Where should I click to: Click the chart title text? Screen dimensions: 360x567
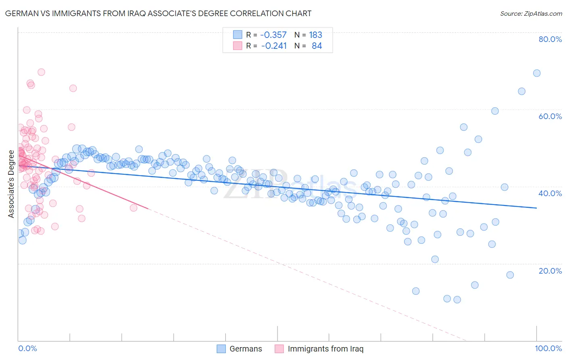[x=158, y=13]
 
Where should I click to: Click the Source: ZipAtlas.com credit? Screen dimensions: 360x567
[x=531, y=13]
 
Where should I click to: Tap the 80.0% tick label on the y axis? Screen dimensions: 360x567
[x=550, y=39]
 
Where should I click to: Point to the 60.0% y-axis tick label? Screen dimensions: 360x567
[x=550, y=116]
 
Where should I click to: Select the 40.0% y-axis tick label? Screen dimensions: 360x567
[x=550, y=193]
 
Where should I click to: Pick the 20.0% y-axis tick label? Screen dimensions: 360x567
[x=550, y=271]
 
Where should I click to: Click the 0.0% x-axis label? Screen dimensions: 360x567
[x=27, y=348]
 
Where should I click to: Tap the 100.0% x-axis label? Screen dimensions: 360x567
[x=548, y=348]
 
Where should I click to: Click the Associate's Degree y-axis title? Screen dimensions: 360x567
[x=11, y=184]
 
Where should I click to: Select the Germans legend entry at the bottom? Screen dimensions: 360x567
[x=240, y=349]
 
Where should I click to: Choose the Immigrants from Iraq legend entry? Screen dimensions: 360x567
[x=319, y=349]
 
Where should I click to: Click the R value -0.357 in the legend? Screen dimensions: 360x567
[x=273, y=35]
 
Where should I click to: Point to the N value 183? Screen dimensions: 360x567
[x=315, y=35]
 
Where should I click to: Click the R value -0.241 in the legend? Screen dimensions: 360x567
[x=274, y=46]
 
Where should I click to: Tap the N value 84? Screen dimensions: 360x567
[x=317, y=46]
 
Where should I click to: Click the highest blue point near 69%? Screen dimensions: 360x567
[x=537, y=73]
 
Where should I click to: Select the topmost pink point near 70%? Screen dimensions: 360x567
[x=41, y=72]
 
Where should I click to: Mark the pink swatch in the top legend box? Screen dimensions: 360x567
[x=238, y=46]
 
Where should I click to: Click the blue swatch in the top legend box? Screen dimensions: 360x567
[x=238, y=35]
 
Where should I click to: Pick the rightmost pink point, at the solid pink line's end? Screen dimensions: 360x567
[x=133, y=208]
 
